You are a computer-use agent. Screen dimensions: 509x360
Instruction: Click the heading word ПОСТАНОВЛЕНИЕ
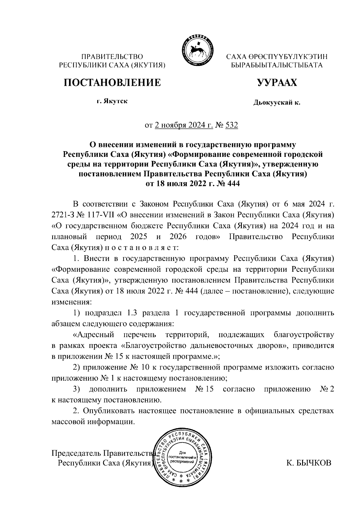(112, 82)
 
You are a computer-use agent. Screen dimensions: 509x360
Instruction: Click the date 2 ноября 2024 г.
(184, 125)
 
